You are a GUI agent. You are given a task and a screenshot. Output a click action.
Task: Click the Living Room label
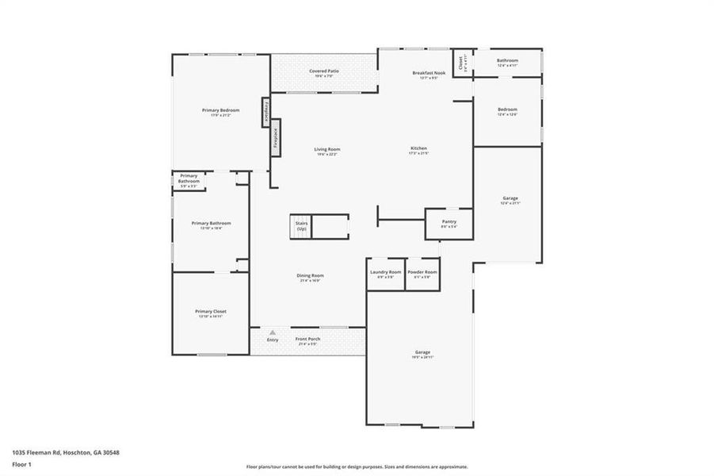click(327, 149)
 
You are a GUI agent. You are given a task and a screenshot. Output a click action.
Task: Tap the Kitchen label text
click(418, 149)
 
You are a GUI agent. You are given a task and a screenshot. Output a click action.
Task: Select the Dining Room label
click(311, 276)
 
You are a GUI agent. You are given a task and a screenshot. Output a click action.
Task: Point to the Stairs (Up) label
click(302, 226)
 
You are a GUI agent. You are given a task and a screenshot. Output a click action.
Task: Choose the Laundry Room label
click(386, 273)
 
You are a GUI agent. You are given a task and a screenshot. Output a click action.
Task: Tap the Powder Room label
click(422, 273)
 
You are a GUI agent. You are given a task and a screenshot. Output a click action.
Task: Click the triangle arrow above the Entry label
click(273, 332)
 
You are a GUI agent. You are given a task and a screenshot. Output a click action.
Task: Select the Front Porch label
click(307, 340)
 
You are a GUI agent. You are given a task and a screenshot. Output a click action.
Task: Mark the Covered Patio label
click(324, 71)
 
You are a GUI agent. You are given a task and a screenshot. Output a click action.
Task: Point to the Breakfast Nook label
click(429, 73)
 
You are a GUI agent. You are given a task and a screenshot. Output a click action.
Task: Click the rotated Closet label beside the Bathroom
click(460, 61)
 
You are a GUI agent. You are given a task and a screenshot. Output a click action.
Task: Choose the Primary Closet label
click(211, 312)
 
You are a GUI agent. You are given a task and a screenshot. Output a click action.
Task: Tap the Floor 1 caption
click(21, 466)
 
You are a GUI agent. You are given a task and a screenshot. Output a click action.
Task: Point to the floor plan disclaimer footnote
click(357, 466)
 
